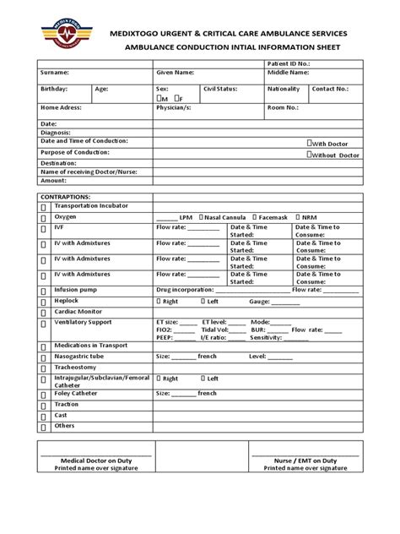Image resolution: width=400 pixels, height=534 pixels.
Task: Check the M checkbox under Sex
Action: tap(162, 99)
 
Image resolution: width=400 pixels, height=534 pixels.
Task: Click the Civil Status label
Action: tap(220, 88)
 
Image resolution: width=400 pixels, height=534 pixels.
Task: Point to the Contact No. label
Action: tap(331, 88)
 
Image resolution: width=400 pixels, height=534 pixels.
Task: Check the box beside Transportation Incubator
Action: tap(42, 206)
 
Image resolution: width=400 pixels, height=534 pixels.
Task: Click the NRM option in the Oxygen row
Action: tap(306, 217)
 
